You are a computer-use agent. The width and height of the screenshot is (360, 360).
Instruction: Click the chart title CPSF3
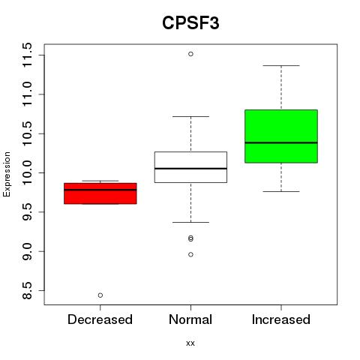(190, 23)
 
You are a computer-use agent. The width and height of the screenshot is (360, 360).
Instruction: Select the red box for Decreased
(100, 193)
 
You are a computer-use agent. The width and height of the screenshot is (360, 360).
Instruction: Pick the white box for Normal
(190, 167)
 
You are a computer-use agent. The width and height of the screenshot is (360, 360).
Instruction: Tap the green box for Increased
(281, 136)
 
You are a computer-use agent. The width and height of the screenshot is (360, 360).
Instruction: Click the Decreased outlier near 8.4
(100, 295)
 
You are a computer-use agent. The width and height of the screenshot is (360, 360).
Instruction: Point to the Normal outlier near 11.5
(190, 54)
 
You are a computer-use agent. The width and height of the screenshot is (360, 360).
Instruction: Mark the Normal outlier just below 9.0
(190, 254)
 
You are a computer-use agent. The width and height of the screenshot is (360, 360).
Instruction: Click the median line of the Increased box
(281, 142)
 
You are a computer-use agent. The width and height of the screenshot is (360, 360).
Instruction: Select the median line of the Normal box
(190, 169)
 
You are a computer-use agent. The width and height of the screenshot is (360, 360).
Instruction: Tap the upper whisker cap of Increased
(281, 65)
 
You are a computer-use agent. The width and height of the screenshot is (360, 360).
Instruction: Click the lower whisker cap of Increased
(281, 191)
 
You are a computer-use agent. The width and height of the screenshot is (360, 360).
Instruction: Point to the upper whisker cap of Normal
(190, 116)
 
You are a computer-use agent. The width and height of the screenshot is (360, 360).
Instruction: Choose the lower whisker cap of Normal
(190, 222)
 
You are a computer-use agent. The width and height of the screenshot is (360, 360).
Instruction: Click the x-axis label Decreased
(100, 319)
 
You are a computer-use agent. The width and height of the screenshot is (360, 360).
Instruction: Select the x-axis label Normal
(190, 319)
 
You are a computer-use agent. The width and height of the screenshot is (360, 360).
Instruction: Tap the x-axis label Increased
(281, 319)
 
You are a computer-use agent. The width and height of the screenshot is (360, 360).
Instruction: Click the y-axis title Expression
(7, 174)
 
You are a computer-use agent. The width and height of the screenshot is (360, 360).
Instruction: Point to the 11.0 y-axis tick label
(27, 94)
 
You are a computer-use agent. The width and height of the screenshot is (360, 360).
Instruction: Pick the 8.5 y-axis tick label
(27, 291)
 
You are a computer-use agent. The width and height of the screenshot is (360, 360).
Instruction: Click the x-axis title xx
(190, 343)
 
